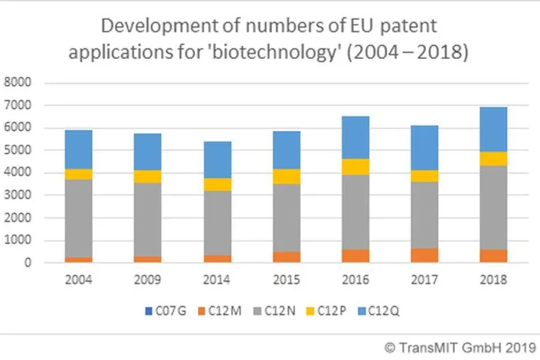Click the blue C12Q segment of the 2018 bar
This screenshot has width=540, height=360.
pos(493,130)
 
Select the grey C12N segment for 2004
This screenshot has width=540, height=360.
pos(79,218)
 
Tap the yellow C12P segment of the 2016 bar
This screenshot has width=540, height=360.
pos(356,167)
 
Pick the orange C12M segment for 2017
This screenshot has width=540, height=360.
pos(424,255)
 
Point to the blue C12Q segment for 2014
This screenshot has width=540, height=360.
pos(218,160)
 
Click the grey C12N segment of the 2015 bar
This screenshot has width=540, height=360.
pos(286,218)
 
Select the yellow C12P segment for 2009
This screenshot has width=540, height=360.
pos(147,176)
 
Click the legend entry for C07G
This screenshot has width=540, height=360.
pos(166,311)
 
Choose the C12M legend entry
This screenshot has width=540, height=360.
pos(220,311)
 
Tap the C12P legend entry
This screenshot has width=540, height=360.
pos(326,311)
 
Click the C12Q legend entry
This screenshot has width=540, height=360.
pos(379,311)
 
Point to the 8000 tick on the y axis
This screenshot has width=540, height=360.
pos(17,82)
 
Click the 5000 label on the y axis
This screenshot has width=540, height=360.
pos(17,150)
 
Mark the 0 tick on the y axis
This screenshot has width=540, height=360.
pos(28,262)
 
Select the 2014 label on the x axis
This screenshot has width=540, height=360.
pos(216,279)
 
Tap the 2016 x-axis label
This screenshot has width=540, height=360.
pos(356,279)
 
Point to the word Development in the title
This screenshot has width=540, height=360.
pos(159,26)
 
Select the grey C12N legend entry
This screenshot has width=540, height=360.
pos(274,311)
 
